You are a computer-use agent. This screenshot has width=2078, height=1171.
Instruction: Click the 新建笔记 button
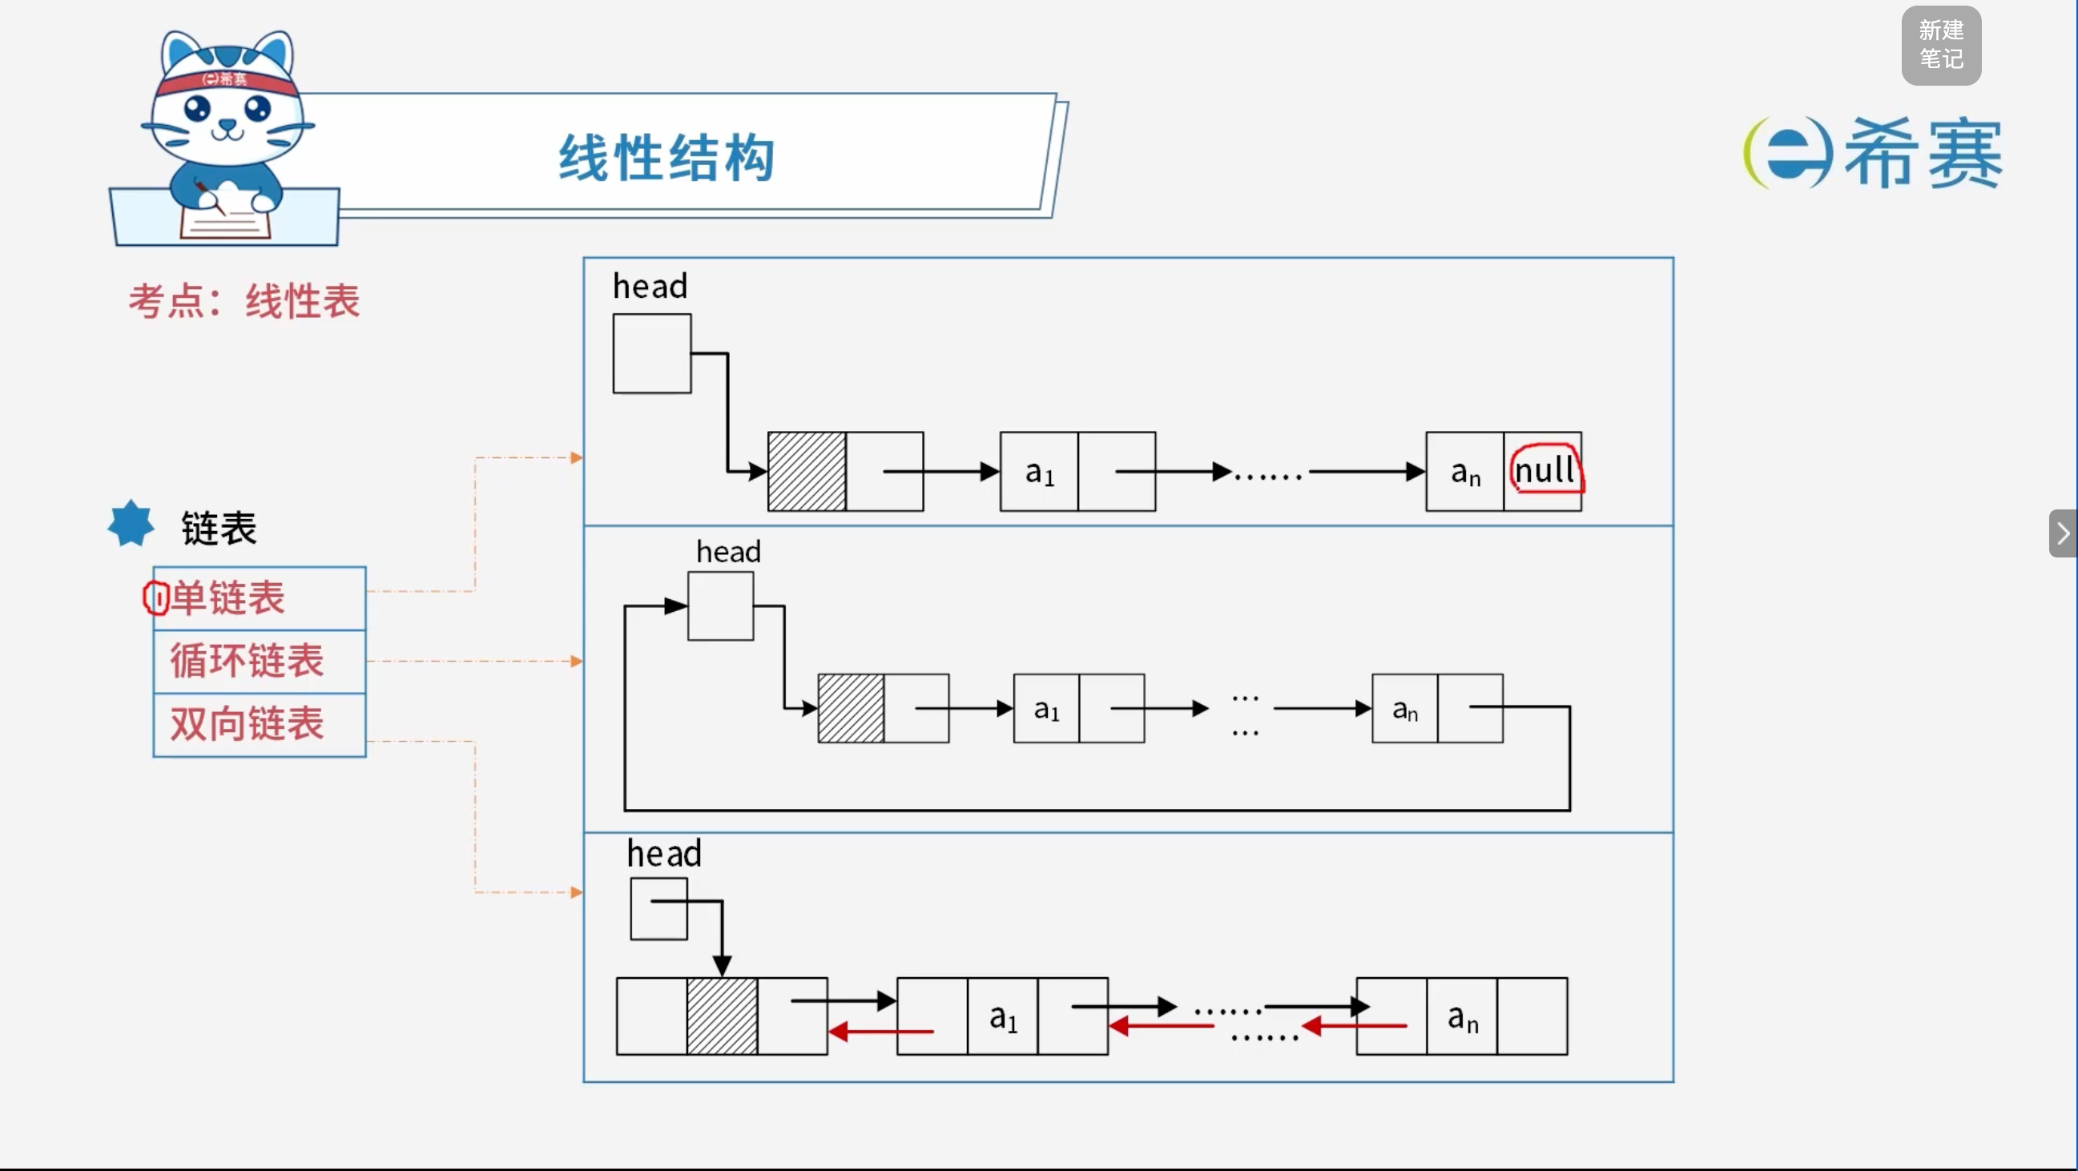point(1941,45)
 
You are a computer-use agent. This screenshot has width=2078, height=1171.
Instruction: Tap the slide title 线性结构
point(667,157)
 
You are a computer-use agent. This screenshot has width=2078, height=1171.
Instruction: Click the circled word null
point(1544,470)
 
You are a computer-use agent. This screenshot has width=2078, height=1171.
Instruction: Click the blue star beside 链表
point(131,523)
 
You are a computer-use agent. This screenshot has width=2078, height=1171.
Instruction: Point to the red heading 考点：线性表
point(244,302)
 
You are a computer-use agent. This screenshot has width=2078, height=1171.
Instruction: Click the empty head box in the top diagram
point(652,353)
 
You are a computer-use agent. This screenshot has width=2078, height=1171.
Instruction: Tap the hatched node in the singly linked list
point(807,471)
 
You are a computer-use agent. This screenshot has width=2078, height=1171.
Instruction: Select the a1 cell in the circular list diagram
point(1046,708)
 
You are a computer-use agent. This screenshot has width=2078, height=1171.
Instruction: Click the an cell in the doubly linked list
point(1462,1016)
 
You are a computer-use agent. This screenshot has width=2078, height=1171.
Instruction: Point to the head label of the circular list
point(728,552)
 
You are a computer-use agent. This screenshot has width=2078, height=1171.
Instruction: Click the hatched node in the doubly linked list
point(722,1016)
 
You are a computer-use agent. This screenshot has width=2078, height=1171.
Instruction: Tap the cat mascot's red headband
point(226,81)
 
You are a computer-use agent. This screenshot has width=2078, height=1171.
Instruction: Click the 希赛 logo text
point(1923,153)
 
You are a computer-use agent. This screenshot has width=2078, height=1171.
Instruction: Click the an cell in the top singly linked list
point(1465,471)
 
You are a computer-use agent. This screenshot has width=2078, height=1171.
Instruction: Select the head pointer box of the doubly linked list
point(659,909)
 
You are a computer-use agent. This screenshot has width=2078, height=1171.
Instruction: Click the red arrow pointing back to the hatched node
point(881,1032)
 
